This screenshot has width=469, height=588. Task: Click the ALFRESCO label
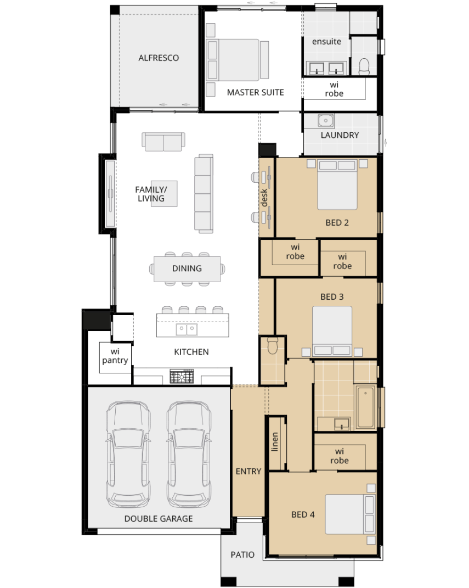(x=159, y=58)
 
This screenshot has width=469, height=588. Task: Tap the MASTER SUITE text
(x=256, y=92)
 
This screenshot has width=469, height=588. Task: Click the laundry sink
(x=326, y=120)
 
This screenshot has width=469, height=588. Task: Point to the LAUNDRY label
(x=340, y=135)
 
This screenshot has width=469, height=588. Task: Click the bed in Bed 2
(x=337, y=184)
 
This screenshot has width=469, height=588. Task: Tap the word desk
(x=264, y=198)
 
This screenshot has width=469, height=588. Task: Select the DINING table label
(x=187, y=268)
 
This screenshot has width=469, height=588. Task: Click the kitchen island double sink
(x=187, y=329)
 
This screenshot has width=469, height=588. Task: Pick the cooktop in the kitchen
(x=182, y=376)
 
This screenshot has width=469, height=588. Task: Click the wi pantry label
(x=115, y=356)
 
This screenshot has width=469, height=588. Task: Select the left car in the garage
(x=128, y=455)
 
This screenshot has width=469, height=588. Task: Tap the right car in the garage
(x=189, y=455)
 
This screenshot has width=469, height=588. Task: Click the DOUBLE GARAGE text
(x=159, y=519)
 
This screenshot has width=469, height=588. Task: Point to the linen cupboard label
(x=275, y=442)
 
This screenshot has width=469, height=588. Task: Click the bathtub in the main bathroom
(x=366, y=406)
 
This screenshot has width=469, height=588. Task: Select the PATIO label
(x=242, y=555)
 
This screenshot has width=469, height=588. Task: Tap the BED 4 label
(x=303, y=514)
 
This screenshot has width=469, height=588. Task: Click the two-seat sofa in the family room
(x=163, y=142)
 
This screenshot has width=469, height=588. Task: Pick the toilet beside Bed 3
(x=272, y=345)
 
